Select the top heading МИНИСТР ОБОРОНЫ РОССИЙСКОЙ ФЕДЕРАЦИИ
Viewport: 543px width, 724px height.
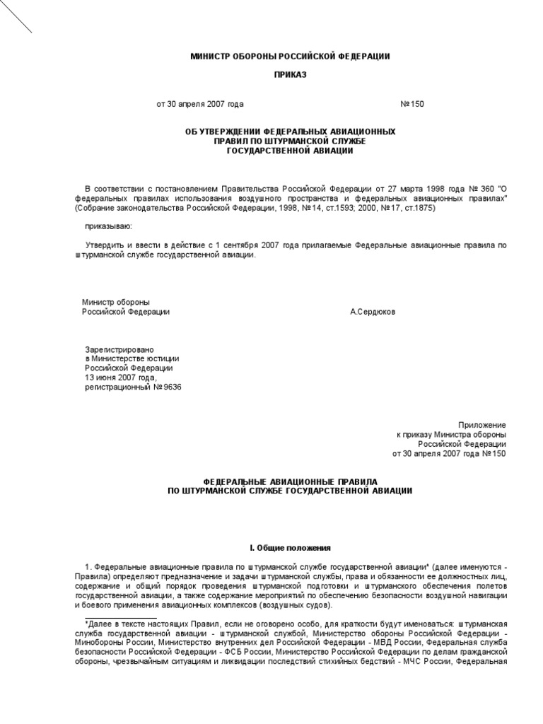pyautogui.click(x=291, y=56)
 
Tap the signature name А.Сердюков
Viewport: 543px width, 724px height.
pyautogui.click(x=373, y=311)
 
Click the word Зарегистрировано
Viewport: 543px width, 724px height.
pyautogui.click(x=119, y=349)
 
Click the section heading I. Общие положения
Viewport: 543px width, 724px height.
pyautogui.click(x=290, y=548)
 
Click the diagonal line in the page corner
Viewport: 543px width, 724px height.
pyautogui.click(x=16, y=17)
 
